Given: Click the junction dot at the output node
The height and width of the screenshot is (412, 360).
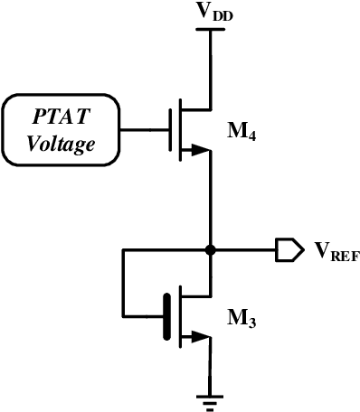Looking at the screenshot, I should tap(210, 250).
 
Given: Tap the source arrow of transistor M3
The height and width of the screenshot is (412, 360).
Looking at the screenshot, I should tap(194, 341).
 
